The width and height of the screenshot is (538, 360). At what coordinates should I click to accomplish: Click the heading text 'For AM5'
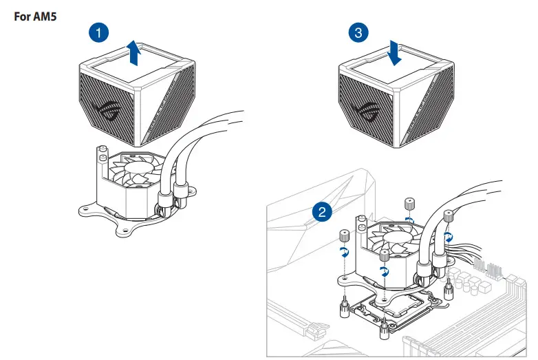[x=35, y=15]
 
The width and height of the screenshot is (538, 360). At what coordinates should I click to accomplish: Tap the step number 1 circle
[x=100, y=32]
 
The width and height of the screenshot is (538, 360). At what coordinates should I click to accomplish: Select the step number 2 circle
[x=319, y=211]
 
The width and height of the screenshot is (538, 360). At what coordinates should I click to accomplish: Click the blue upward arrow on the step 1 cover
[x=136, y=54]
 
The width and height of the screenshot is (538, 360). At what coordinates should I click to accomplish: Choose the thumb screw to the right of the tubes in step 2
[x=449, y=217]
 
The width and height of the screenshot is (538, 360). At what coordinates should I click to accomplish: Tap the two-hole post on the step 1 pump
[x=103, y=156]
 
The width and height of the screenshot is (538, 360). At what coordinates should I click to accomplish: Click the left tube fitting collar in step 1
[x=165, y=200]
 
